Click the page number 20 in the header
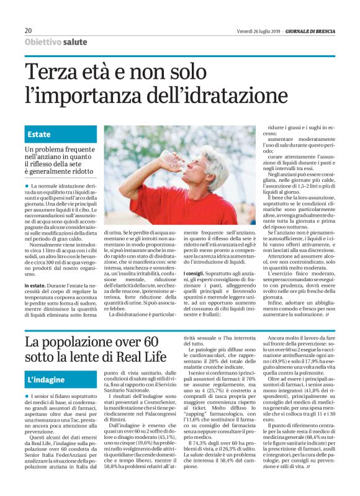click(29, 31)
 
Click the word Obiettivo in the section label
click(43, 42)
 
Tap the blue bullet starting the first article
click(27, 186)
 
